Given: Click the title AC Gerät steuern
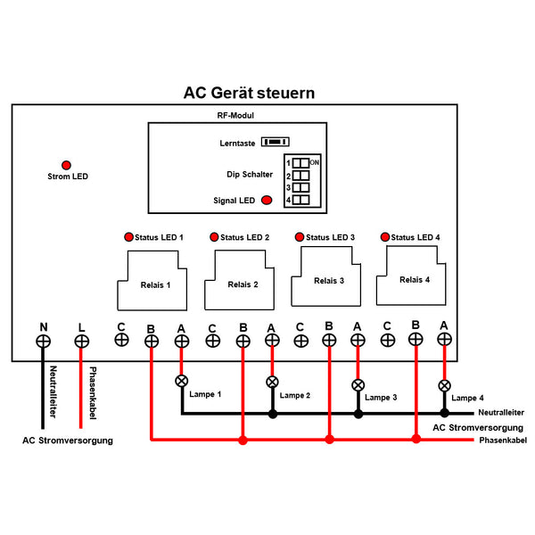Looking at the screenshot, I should (249, 93).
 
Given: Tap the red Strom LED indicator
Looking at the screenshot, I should (66, 165).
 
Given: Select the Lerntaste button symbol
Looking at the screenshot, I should (279, 142).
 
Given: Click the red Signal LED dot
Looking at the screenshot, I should (266, 202).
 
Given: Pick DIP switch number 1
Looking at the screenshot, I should (301, 163).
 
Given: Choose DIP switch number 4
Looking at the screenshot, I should (301, 201).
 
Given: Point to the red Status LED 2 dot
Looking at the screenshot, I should (214, 237).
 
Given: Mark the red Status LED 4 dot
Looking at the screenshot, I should (385, 237).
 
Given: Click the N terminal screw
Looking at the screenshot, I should (43, 341).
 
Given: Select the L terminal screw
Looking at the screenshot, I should (82, 341).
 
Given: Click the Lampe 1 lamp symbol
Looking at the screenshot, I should (182, 381).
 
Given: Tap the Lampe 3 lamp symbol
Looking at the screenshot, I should (358, 385).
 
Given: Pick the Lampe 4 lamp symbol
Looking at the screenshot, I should (444, 386).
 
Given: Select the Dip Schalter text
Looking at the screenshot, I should (250, 175).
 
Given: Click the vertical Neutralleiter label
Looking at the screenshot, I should (53, 392).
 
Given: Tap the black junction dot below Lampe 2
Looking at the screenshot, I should (273, 414).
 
